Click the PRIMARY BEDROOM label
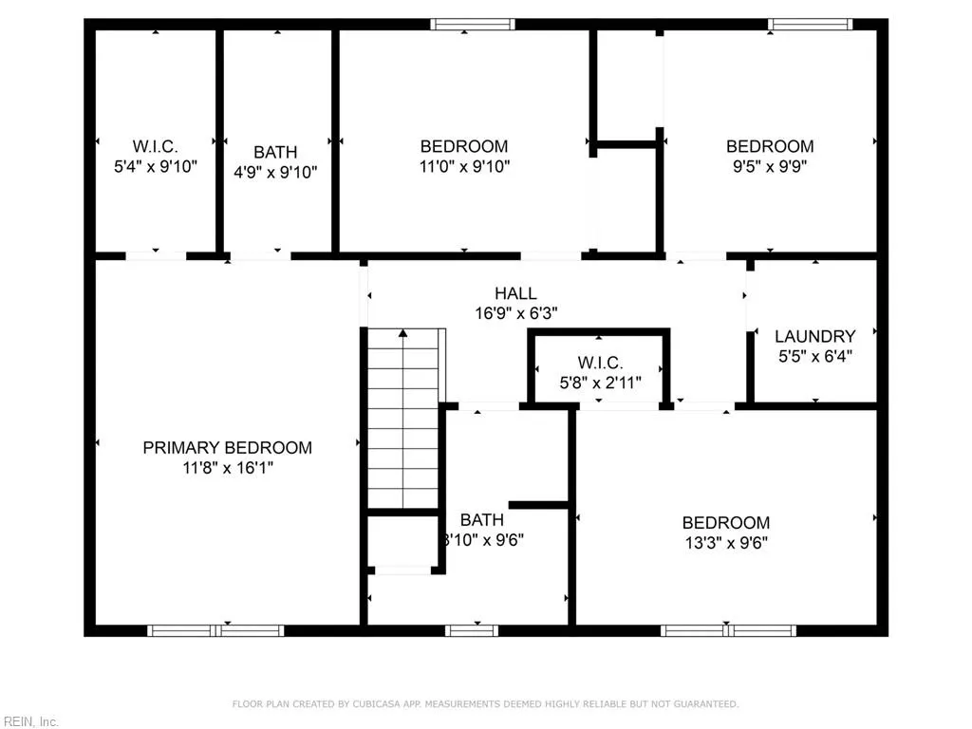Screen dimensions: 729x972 227,447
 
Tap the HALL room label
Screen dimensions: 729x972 515,293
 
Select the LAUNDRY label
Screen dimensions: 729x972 814,336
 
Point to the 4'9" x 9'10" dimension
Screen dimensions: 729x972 275,172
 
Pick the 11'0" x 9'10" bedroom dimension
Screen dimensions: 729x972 464,166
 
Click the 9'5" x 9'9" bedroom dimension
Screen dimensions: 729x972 770,166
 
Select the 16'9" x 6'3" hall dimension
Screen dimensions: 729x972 515,312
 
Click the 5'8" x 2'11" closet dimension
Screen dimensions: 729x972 600,383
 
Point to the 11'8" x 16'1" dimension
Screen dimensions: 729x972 227,467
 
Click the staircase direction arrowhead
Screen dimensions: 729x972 403,333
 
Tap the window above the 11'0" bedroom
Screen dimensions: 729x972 473,25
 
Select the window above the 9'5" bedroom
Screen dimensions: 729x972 810,25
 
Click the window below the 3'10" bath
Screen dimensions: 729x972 472,629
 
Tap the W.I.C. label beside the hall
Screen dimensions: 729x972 600,363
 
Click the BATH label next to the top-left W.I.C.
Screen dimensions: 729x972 275,152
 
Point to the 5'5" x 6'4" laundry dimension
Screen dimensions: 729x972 814,356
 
